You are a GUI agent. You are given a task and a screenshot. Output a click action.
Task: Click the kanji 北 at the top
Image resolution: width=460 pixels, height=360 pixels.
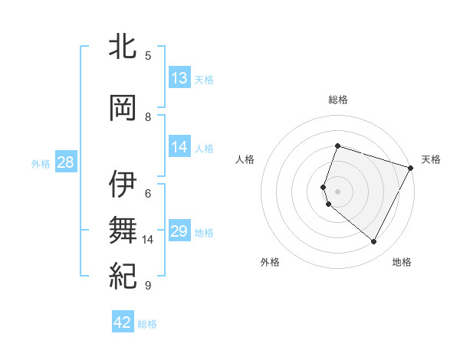[123, 47]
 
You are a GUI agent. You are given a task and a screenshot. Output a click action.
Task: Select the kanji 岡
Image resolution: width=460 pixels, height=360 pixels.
[123, 108]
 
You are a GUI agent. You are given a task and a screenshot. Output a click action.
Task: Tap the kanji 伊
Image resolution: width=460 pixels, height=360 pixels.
[123, 185]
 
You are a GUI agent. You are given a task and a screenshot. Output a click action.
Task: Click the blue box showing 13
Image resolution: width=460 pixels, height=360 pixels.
[179, 78]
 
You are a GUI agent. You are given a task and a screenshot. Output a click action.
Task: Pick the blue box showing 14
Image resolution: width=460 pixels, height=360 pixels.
[179, 147]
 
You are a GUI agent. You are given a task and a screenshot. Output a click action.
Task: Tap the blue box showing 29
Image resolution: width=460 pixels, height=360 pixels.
[179, 231]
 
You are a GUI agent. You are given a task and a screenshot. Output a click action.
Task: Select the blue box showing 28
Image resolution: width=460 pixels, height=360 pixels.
[65, 162]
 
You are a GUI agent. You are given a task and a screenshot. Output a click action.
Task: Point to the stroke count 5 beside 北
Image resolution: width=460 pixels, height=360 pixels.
[148, 56]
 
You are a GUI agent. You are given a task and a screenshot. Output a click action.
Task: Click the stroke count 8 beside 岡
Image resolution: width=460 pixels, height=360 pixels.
[148, 116]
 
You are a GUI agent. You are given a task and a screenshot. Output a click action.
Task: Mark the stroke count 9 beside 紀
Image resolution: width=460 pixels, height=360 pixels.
[148, 285]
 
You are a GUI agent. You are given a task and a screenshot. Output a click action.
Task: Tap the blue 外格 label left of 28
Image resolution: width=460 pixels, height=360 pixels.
[41, 163]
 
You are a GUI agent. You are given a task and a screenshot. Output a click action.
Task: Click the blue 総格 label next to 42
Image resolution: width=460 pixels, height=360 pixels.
[148, 324]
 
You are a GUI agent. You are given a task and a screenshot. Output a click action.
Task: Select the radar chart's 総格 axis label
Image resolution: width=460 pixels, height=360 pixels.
[337, 100]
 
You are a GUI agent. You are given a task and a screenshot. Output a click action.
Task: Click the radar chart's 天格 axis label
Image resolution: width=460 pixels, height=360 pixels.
[431, 159]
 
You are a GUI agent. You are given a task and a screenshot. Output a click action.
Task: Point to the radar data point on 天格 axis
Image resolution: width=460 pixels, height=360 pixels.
[411, 168]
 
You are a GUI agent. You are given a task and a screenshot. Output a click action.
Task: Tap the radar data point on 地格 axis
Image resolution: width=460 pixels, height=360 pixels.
[373, 242]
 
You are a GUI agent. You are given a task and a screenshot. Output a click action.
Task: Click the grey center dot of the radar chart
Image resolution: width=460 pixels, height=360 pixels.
[337, 191]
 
